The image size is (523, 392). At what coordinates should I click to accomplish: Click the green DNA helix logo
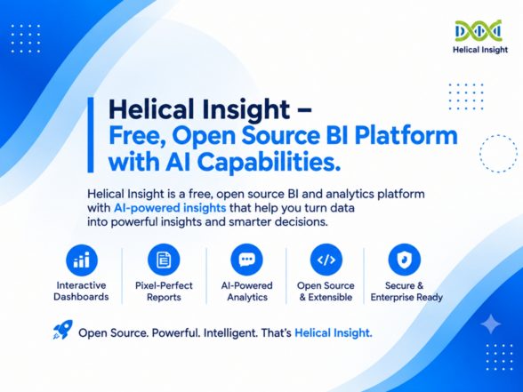(x=479, y=30)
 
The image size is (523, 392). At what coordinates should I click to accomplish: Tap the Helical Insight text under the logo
(x=480, y=50)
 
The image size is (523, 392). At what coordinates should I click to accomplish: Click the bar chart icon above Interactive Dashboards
(x=82, y=260)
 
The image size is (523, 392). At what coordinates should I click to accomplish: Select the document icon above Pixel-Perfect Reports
(x=164, y=260)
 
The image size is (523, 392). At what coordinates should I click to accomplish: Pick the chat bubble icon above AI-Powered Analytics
(x=247, y=260)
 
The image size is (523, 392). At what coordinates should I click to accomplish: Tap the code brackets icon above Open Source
(x=326, y=260)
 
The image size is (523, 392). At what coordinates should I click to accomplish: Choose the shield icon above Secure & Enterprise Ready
(x=405, y=260)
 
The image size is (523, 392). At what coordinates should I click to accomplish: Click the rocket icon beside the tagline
(x=63, y=330)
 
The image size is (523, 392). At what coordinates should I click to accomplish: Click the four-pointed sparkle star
(x=491, y=324)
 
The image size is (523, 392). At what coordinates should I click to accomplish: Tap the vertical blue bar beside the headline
(x=91, y=135)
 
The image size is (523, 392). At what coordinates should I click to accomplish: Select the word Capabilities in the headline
(x=269, y=163)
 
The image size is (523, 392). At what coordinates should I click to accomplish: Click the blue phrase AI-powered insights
(x=170, y=208)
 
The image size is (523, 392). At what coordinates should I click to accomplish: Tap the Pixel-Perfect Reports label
(x=164, y=291)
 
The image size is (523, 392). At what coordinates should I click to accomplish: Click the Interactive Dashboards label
(x=81, y=291)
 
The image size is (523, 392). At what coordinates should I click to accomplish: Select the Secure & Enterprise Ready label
(x=406, y=291)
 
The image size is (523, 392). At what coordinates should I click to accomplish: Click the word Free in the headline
(x=133, y=136)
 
